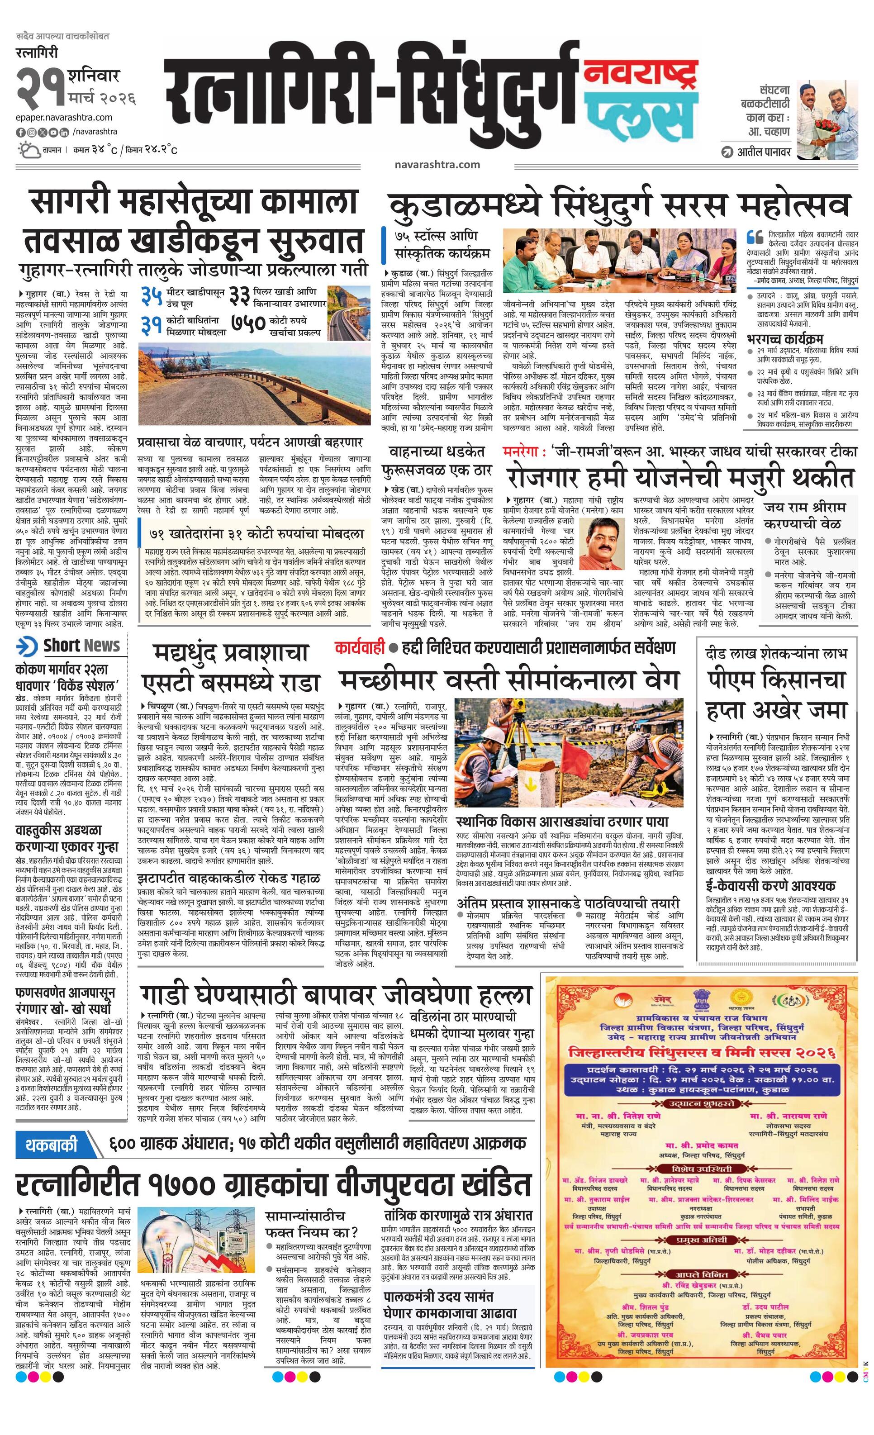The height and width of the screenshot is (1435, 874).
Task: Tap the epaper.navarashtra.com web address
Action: click(64, 118)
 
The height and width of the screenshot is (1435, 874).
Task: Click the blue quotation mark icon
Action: click(755, 237)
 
